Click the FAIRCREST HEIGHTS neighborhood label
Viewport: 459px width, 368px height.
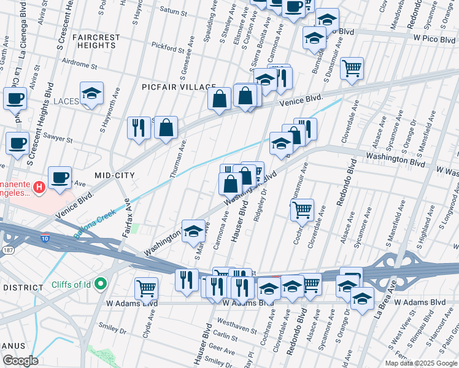[96, 41]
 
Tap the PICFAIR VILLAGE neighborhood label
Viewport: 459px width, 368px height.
[179, 87]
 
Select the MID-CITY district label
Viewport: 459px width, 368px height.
[114, 175]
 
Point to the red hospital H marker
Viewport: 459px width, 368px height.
[40, 186]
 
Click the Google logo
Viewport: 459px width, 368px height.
[20, 361]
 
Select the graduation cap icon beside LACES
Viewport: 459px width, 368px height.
[91, 94]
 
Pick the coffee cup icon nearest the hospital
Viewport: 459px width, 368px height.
[60, 177]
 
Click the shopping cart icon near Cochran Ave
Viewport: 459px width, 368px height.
[302, 210]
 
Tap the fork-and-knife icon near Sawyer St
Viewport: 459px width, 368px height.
[139, 128]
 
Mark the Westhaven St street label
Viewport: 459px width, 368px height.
[236, 325]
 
